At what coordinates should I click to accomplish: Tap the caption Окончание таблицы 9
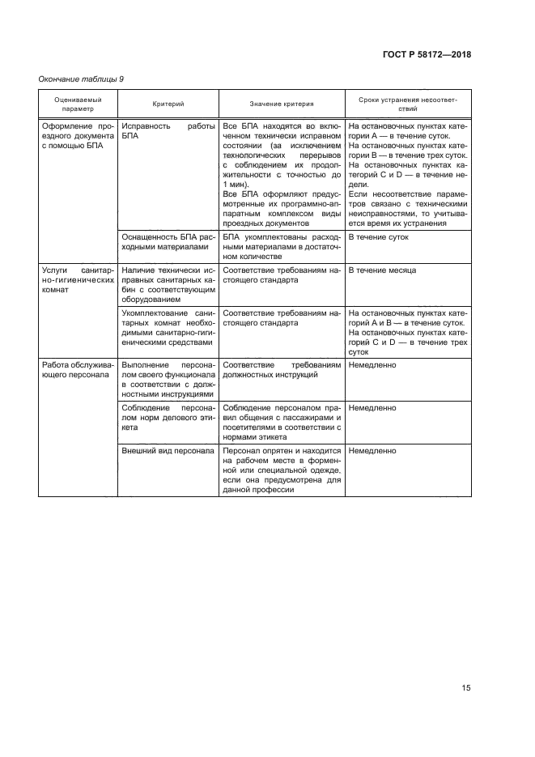pyautogui.click(x=81, y=79)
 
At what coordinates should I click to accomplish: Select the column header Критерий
pyautogui.click(x=168, y=104)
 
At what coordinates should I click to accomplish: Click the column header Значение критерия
pyautogui.click(x=281, y=104)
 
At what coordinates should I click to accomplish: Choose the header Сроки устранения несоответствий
pyautogui.click(x=408, y=104)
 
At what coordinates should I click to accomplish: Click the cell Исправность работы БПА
pyautogui.click(x=168, y=132)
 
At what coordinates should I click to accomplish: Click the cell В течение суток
pyautogui.click(x=378, y=237)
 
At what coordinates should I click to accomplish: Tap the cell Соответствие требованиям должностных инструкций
pyautogui.click(x=281, y=370)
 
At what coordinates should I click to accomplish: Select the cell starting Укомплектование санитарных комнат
pyautogui.click(x=168, y=327)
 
